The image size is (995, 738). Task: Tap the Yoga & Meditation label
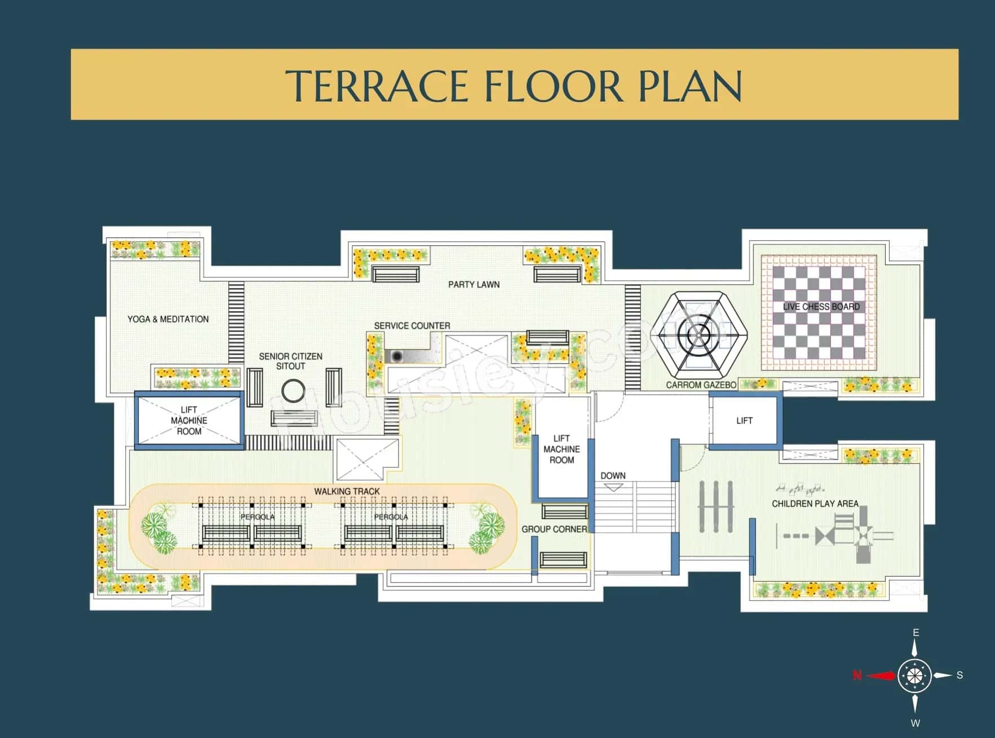pos(168,319)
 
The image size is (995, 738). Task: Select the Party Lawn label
pos(474,284)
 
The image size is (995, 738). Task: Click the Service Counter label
pos(412,326)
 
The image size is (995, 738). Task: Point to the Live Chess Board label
pos(821,307)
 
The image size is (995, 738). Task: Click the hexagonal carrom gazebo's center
pos(698,336)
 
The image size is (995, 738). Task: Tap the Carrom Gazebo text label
pos(701,385)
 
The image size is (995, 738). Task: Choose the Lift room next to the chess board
pos(744,421)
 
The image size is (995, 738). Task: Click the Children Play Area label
pos(815,503)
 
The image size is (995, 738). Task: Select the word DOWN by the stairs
pos(613,475)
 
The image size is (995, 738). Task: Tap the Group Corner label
pos(554,529)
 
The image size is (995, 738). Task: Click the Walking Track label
pos(347,491)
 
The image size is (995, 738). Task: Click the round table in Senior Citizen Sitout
pos(293,390)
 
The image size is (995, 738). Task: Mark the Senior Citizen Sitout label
pos(290,361)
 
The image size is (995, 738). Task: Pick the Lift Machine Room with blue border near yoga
pos(189,421)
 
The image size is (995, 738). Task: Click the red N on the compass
pos(857,675)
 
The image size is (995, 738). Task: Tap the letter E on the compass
pos(916,633)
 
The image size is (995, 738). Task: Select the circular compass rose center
pos(914,675)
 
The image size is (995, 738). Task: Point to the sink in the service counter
pos(397,356)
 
